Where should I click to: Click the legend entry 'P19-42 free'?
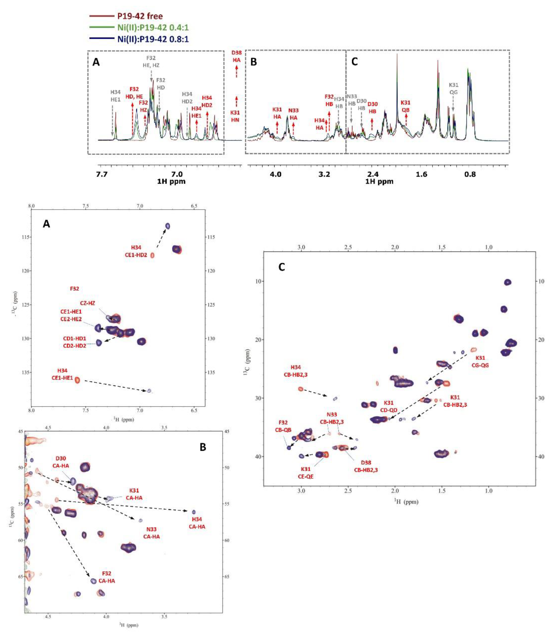140,16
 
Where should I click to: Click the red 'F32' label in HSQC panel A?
74,289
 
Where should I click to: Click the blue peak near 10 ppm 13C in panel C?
508,282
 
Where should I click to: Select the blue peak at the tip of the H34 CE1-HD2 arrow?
167,226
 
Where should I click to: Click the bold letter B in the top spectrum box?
254,62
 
